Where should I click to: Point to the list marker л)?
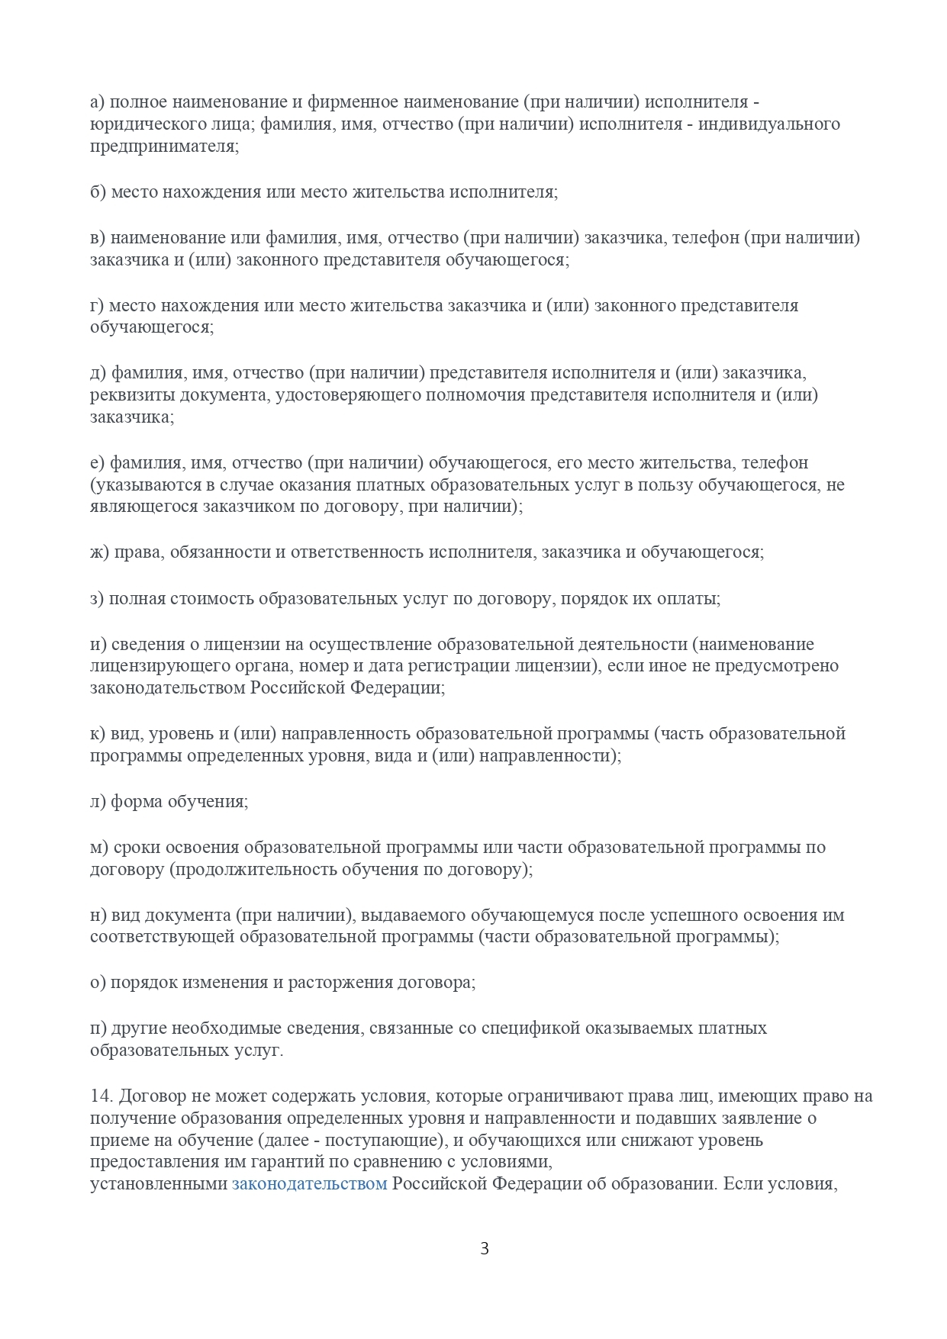coord(98,801)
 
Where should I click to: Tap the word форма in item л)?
coord(137,801)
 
